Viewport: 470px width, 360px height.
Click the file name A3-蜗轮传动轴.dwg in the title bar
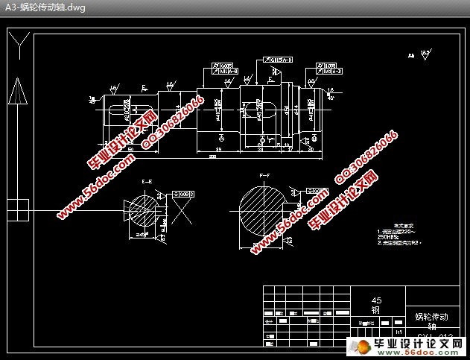click(44, 7)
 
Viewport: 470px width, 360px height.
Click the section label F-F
click(264, 176)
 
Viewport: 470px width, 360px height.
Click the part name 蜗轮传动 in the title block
click(431, 317)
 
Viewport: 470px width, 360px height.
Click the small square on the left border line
click(20, 207)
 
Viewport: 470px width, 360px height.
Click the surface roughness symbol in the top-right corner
click(425, 54)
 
